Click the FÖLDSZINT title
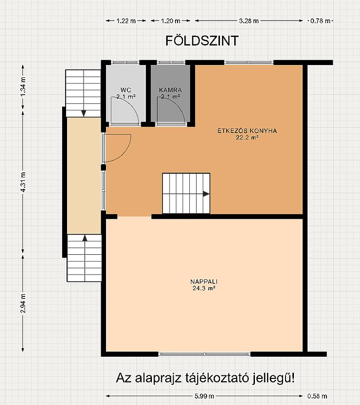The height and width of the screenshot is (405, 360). [202, 41]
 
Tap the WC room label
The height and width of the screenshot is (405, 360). [126, 90]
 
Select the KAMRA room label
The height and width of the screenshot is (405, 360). [170, 90]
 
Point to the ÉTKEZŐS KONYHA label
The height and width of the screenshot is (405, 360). [247, 131]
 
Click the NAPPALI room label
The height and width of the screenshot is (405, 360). [204, 281]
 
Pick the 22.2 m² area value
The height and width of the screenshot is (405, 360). [247, 137]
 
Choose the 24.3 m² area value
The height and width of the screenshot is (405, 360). [204, 288]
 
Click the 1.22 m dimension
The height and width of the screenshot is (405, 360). [126, 21]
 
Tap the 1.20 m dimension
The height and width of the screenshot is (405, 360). [171, 21]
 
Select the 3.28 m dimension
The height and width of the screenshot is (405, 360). [249, 21]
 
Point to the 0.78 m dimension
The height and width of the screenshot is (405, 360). [320, 21]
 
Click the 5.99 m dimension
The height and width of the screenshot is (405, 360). [204, 396]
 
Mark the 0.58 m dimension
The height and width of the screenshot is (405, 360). [317, 396]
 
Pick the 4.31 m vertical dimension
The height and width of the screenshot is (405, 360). [23, 182]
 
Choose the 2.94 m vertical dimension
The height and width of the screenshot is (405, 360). [23, 304]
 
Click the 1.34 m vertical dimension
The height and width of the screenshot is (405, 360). [23, 87]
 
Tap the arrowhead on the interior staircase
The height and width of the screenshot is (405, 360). [206, 194]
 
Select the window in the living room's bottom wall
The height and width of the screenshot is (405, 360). [204, 354]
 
